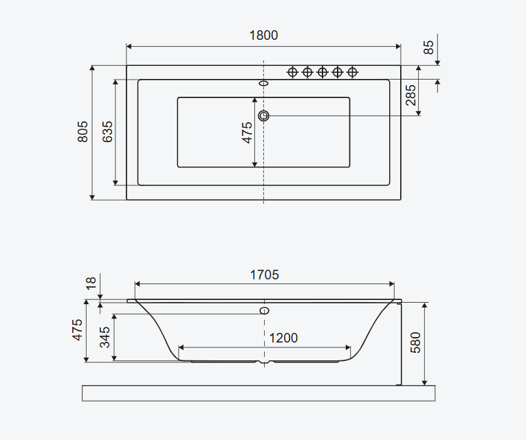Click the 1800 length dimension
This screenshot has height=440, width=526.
[263, 35]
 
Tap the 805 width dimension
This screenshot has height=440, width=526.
[83, 132]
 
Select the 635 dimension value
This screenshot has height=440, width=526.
[107, 132]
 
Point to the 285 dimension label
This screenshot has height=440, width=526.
[410, 95]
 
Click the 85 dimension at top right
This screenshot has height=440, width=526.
[428, 47]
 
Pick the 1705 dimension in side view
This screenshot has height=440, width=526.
[264, 275]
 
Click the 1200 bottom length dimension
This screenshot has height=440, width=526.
[283, 338]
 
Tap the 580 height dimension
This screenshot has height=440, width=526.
[415, 343]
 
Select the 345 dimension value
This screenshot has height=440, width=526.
[105, 337]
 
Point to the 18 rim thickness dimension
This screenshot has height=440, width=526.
[91, 283]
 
